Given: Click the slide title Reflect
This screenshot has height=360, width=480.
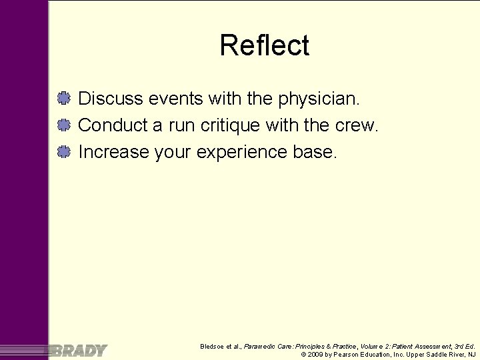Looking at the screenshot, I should point(264,46).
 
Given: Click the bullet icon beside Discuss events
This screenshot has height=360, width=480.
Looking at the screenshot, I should point(64,99).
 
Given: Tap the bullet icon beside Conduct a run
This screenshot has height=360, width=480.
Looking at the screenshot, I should point(64,125).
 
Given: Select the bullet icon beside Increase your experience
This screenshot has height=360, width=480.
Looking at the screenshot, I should point(64,152).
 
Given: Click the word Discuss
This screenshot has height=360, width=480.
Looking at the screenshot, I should point(111,99).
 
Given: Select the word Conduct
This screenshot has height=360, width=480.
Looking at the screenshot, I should point(115,125).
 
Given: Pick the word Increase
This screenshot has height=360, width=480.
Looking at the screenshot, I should point(113,152).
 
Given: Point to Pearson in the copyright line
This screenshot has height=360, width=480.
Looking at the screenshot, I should point(348,355).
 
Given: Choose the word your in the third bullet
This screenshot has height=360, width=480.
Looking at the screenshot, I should point(173,153).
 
